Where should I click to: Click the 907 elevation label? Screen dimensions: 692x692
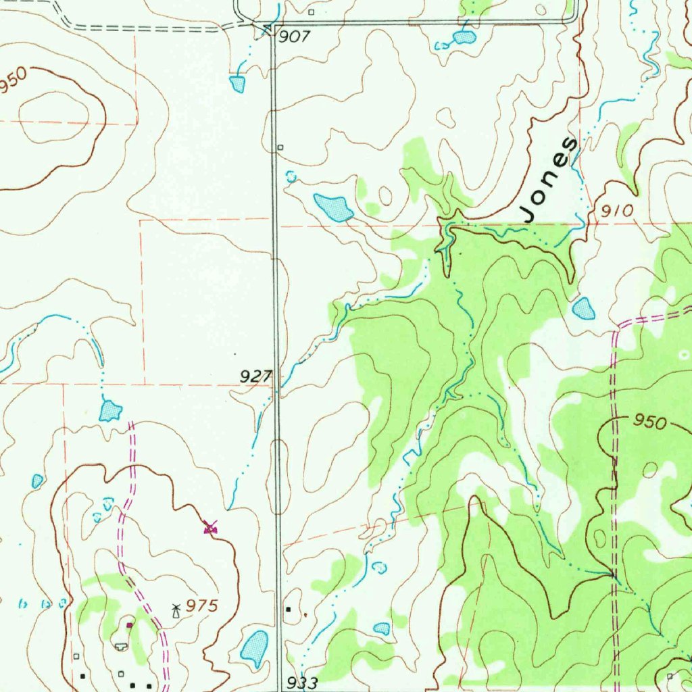(x=294, y=37)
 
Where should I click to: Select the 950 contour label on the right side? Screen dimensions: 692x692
(x=649, y=423)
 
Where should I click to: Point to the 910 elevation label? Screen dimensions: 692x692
(x=618, y=211)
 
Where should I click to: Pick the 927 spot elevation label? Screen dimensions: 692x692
(x=255, y=376)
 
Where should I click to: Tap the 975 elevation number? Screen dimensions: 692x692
(x=202, y=606)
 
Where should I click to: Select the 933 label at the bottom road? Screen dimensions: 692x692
(x=302, y=683)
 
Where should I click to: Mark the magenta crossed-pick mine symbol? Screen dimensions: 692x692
(x=211, y=526)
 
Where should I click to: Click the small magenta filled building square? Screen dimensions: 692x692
(x=130, y=625)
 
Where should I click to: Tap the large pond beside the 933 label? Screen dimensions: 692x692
(x=254, y=646)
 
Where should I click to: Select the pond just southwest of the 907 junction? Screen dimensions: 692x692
(x=237, y=84)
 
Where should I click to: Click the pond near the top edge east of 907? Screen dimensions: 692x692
(x=464, y=37)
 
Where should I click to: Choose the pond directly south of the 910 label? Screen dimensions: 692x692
(x=583, y=309)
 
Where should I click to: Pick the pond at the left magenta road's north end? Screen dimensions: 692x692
(x=109, y=410)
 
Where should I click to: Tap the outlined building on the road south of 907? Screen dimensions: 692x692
(x=280, y=147)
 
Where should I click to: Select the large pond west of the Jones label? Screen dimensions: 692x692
(x=333, y=207)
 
